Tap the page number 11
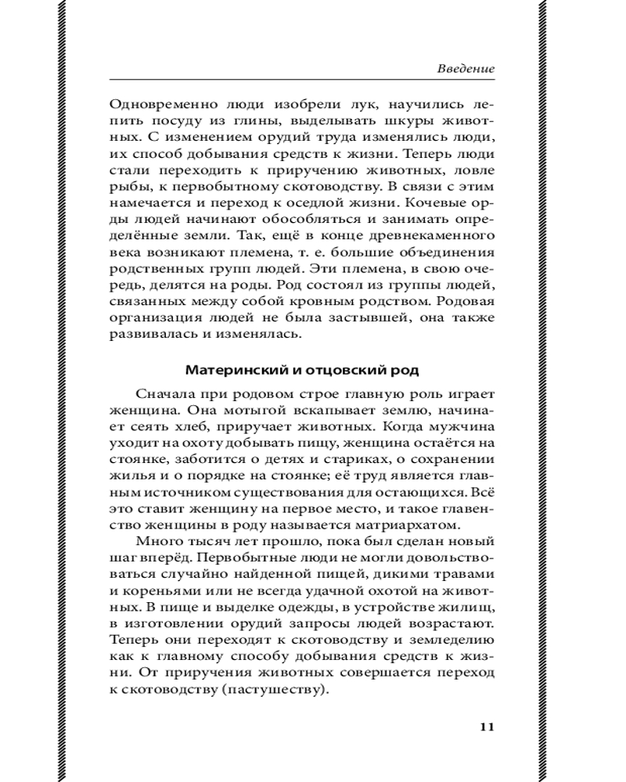point(486,726)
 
